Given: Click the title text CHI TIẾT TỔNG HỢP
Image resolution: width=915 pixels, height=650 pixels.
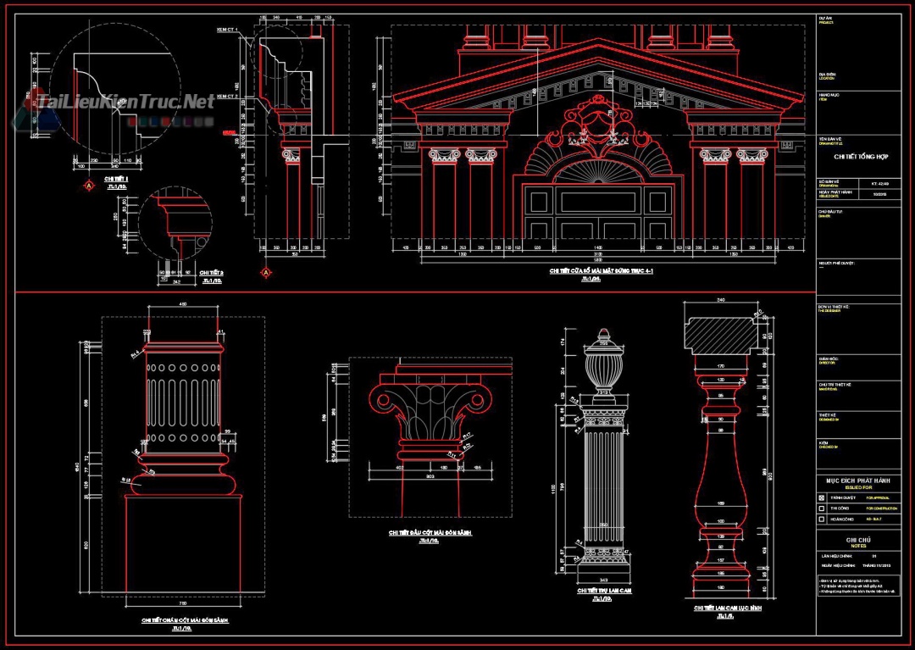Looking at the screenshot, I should point(857,157).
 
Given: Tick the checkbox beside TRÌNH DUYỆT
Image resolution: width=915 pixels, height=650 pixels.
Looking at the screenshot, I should point(821,497).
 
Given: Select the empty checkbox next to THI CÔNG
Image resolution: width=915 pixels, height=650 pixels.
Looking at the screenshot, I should point(821,508).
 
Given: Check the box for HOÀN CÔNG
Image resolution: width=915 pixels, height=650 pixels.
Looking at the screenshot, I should point(821,519).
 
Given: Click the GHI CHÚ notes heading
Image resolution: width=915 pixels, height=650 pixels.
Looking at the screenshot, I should point(858,540).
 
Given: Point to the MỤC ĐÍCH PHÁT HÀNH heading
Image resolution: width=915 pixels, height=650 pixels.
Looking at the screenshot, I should point(858,480).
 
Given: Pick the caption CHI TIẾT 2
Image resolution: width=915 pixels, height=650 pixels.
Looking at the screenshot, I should point(210,274).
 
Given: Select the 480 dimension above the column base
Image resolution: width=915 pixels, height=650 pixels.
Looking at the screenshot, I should point(183,305).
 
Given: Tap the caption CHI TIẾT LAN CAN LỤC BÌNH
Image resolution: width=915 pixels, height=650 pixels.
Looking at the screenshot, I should point(726,608).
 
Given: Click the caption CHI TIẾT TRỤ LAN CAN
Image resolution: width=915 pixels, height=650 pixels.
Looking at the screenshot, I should point(604,591).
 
